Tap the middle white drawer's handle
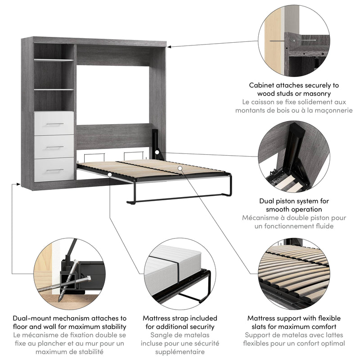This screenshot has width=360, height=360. pyautogui.click(x=54, y=148)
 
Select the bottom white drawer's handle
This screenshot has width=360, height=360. pyautogui.click(x=54, y=171)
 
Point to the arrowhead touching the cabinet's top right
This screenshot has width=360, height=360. pyautogui.click(x=170, y=45)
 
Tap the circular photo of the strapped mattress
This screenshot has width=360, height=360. pyautogui.click(x=180, y=272)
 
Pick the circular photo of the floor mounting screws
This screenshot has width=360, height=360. pyautogui.click(x=67, y=272)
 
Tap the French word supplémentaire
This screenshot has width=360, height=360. pyautogui.click(x=180, y=352)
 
